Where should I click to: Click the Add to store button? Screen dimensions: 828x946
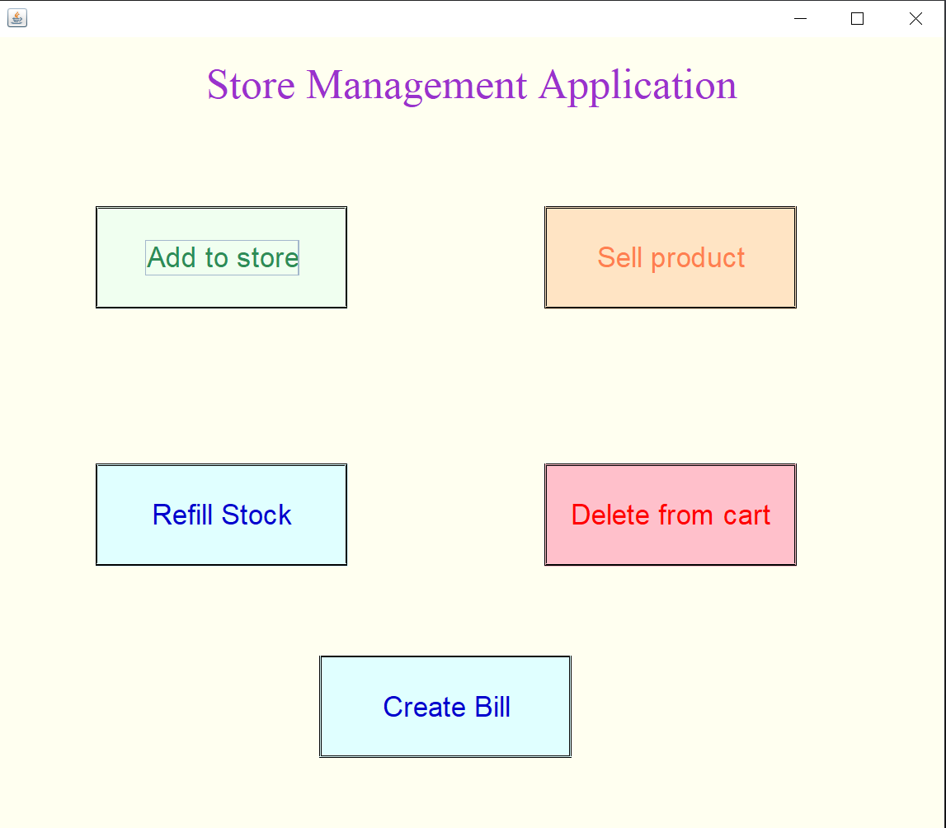tap(221, 257)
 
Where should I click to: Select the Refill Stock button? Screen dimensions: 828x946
tap(221, 515)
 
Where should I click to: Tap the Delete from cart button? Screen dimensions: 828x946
tap(670, 515)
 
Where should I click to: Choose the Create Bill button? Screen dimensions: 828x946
tap(445, 707)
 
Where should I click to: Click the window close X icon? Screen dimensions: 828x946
tap(915, 19)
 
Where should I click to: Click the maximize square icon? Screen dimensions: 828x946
tap(857, 19)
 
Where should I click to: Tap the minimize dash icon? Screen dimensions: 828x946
tap(800, 19)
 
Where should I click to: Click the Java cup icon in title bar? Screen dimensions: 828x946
tap(17, 18)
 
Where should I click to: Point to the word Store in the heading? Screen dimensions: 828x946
tap(251, 85)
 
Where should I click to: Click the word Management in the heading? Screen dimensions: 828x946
tap(417, 85)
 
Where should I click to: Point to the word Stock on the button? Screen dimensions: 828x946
tap(257, 515)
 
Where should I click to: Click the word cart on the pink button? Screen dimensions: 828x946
tap(746, 515)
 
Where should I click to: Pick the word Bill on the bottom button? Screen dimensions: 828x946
tap(492, 707)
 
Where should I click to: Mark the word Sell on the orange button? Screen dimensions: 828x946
tap(619, 257)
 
